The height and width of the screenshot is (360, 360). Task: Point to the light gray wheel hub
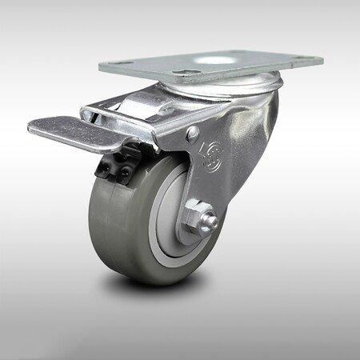pos(172,232)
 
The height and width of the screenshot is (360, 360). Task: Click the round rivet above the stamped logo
pos(192,134)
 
